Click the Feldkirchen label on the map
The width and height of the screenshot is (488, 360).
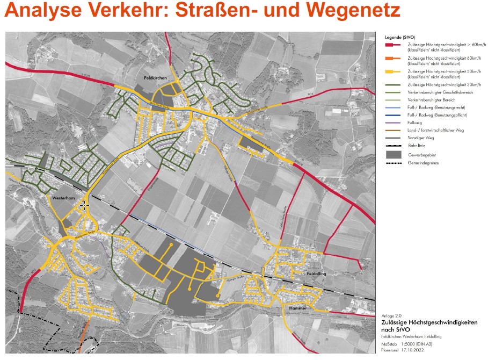[156, 78]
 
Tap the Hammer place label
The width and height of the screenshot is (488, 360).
[297, 308]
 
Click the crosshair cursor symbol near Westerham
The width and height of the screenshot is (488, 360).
[85, 205]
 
